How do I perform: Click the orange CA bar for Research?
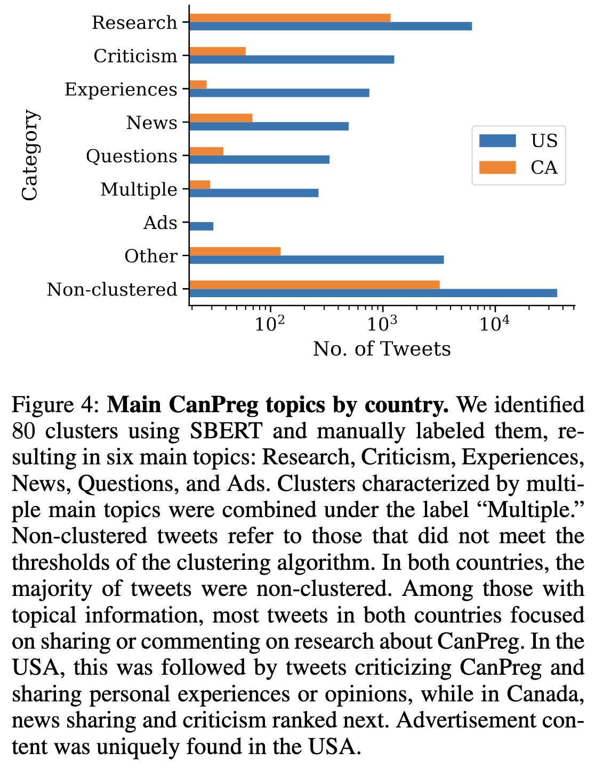pos(290,18)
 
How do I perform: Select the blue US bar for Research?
pos(331,26)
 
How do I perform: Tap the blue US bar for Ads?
pos(202,226)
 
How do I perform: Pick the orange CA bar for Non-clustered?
pos(315,285)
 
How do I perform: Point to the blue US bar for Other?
pos(317,259)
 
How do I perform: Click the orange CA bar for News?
pos(221,118)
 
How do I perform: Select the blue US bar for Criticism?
pos(292,60)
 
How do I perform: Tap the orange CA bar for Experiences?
pos(198,85)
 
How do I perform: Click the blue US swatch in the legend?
pos(497,141)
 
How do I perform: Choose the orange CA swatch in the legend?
pos(497,168)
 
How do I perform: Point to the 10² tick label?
pos(270,324)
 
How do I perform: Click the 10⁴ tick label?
pos(495,324)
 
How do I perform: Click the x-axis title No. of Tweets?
pos(382,349)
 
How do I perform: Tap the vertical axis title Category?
pos(30,155)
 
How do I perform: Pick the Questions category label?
pos(132,157)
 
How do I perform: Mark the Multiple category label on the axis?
pos(139,190)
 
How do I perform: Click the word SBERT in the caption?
pos(226,431)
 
